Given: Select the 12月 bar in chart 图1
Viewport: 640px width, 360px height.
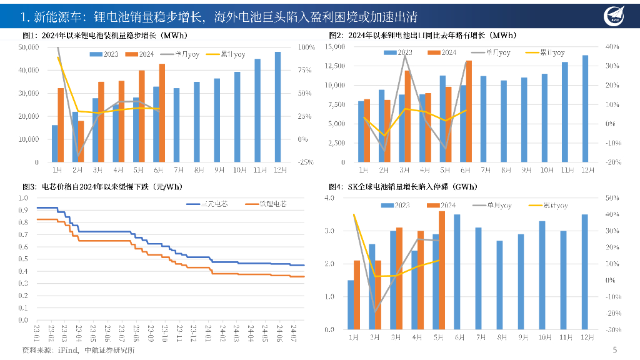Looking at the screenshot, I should (x=277, y=107).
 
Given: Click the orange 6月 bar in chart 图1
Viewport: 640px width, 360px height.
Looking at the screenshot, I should (x=162, y=113).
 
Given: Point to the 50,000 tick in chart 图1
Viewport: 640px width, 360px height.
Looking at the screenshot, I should (x=30, y=47).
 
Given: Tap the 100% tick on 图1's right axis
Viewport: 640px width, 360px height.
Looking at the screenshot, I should (x=307, y=47).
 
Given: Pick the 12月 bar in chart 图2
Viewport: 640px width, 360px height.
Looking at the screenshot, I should (x=585, y=109).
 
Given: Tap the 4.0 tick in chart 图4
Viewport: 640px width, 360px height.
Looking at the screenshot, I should (x=331, y=198).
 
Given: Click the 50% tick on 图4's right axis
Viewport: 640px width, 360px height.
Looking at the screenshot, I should (x=612, y=198).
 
